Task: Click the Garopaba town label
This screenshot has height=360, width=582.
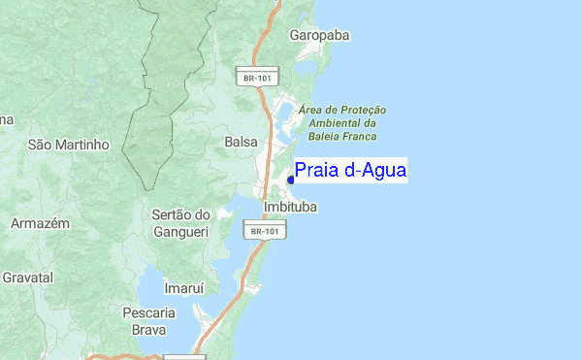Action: (319, 36)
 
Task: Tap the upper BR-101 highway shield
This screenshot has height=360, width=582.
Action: (257, 75)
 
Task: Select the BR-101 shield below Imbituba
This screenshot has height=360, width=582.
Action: (264, 231)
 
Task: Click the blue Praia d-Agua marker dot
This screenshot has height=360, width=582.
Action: (291, 180)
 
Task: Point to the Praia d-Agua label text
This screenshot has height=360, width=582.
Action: (350, 171)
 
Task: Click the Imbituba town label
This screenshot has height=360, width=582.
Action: (290, 208)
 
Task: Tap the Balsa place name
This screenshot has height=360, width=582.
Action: (241, 142)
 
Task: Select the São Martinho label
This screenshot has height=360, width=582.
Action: (69, 145)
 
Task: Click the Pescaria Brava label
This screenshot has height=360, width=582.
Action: (148, 321)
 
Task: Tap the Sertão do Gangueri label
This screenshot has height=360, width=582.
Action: (181, 223)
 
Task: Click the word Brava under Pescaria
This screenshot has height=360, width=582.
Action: (148, 330)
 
